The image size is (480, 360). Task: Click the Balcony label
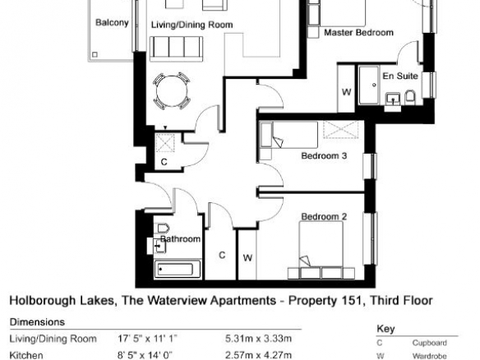pyautogui.click(x=112, y=23)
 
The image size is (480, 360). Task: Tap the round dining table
pyautogui.click(x=172, y=91)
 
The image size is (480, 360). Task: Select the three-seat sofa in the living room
pyautogui.click(x=177, y=49)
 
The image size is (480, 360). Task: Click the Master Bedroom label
pyautogui.click(x=358, y=32)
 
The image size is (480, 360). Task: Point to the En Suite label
pyautogui.click(x=400, y=76)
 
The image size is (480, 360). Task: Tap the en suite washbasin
pyautogui.click(x=393, y=99)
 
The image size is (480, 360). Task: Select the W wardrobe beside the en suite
pyautogui.click(x=346, y=89)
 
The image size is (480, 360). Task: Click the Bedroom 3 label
pyautogui.click(x=324, y=156)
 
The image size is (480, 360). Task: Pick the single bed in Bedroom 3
pyautogui.click(x=288, y=135)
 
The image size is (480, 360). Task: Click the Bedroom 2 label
pyautogui.click(x=324, y=217)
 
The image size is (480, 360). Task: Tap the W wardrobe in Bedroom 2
pyautogui.click(x=247, y=255)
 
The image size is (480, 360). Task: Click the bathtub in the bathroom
pyautogui.click(x=178, y=269)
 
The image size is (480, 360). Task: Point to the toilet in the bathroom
pyautogui.click(x=164, y=228)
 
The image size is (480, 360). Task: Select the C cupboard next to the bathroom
pyautogui.click(x=221, y=255)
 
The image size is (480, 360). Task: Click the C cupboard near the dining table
pyautogui.click(x=164, y=150)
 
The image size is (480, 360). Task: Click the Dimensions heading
pyautogui.click(x=37, y=322)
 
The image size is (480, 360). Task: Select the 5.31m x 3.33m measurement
pyautogui.click(x=258, y=339)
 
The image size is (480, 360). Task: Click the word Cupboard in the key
pyautogui.click(x=430, y=343)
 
